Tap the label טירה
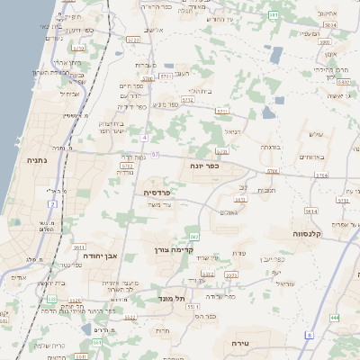click(239, 343)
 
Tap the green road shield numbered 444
click(335, 318)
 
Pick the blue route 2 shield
click(53, 205)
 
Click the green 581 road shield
click(274, 15)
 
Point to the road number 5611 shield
click(79, 246)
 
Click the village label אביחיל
click(73, 93)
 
